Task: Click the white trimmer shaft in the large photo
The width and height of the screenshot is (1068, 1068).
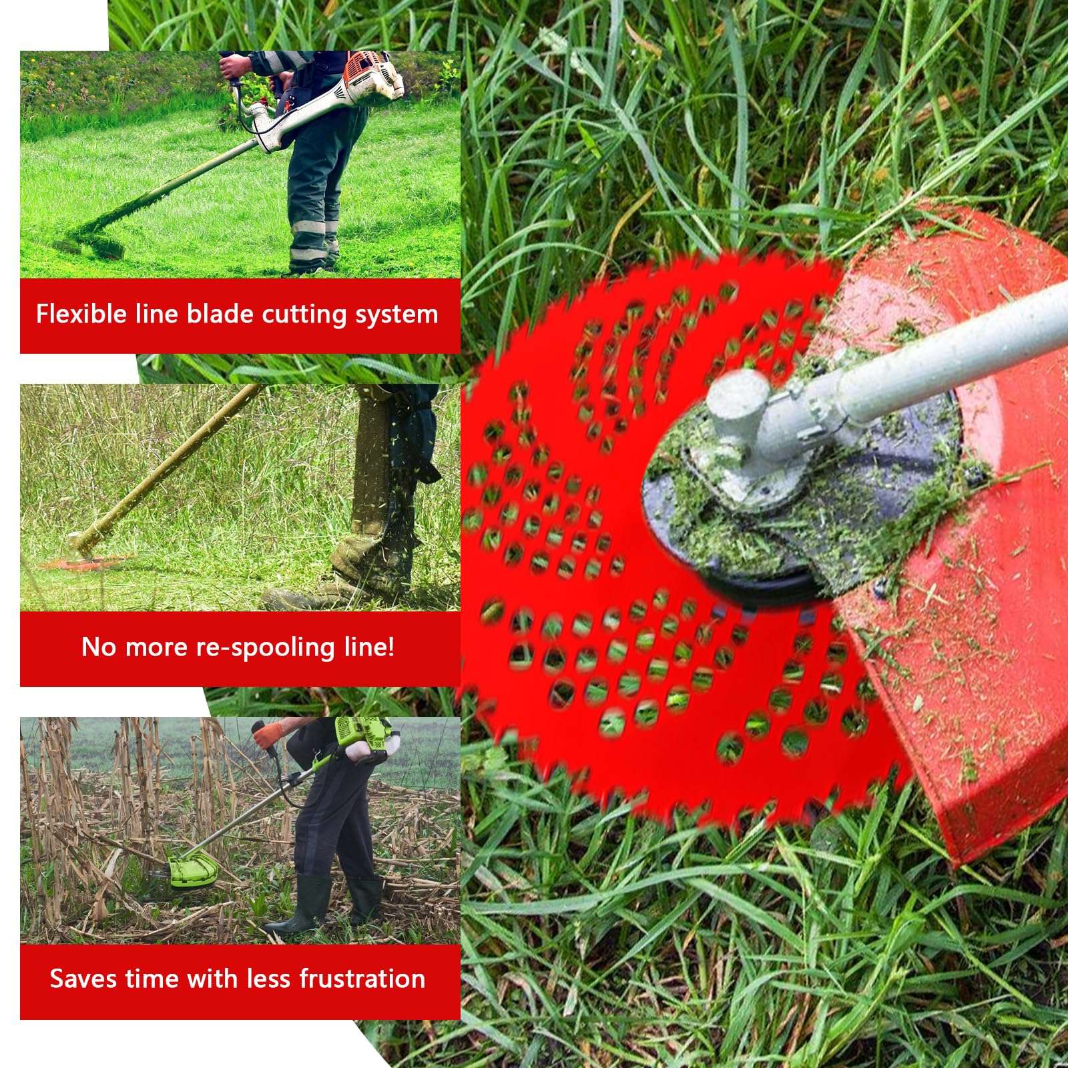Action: pyautogui.click(x=948, y=360)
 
